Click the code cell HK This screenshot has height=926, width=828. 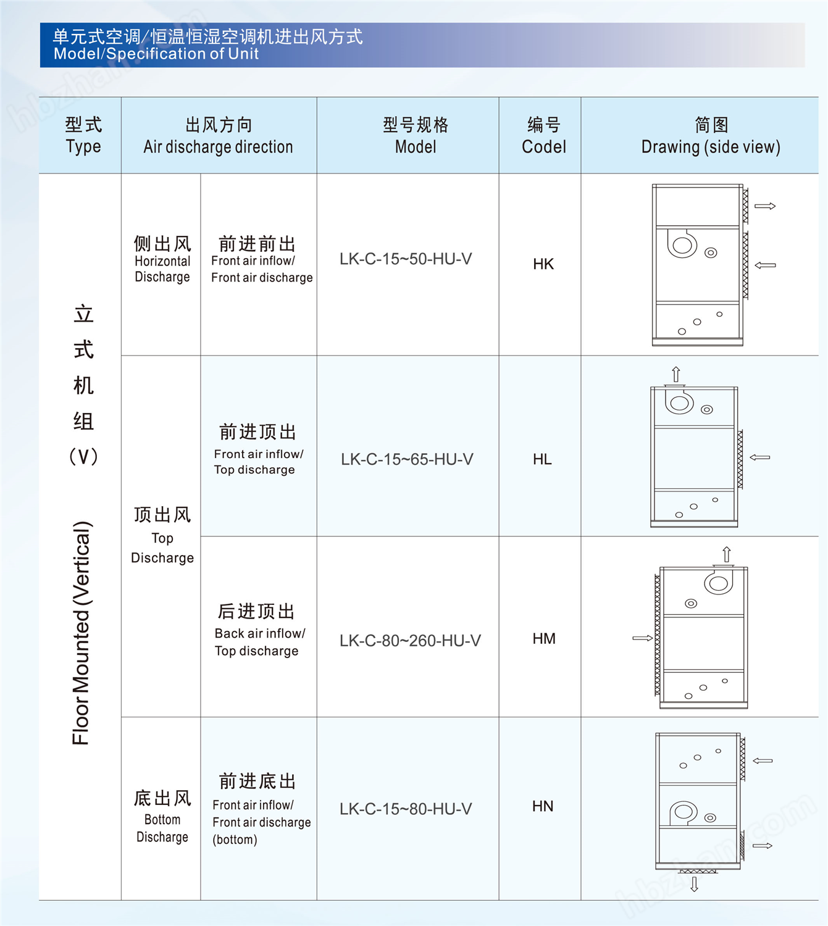coord(543,264)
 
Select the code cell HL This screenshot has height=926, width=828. coord(542,459)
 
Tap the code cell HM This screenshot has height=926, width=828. coord(543,638)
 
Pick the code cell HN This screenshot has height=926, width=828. coord(543,806)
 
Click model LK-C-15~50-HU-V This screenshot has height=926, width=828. coord(406,259)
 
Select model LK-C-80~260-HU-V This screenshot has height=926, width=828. coord(410,641)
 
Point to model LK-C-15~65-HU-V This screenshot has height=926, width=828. coord(407,459)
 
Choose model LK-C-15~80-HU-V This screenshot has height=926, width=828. coord(406,809)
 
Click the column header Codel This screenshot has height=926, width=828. coord(543,147)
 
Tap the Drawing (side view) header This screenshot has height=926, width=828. coord(711,147)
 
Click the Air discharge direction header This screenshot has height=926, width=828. coord(218,147)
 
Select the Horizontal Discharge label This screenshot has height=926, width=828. coord(162,269)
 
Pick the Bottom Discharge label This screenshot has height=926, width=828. coord(162,828)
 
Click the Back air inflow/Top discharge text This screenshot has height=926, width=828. coord(260,641)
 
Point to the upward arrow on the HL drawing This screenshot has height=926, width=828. coord(675,374)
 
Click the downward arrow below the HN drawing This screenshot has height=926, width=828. coord(694,885)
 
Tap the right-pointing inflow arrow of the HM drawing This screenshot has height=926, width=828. coord(642,638)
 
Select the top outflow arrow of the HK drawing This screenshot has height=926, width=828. coord(765,206)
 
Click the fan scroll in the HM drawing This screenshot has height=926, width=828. coord(719,581)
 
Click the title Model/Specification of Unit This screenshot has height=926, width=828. coord(156,54)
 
